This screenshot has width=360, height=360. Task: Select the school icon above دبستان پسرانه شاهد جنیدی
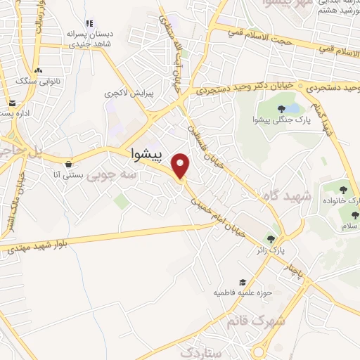point(89,24)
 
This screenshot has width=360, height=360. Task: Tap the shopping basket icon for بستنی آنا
point(67,164)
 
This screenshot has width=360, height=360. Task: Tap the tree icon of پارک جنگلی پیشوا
point(281,109)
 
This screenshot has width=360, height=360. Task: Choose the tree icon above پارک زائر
point(271,239)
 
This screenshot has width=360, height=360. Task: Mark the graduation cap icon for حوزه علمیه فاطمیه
point(243,281)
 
